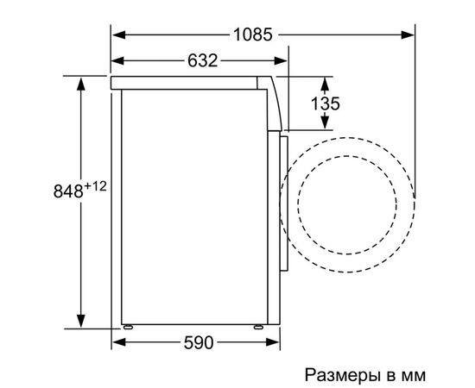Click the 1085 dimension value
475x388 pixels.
252,34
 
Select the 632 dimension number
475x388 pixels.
199,60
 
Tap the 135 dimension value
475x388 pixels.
325,103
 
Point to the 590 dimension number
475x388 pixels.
199,343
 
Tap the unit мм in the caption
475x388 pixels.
414,377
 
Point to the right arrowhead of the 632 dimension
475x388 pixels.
282,60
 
